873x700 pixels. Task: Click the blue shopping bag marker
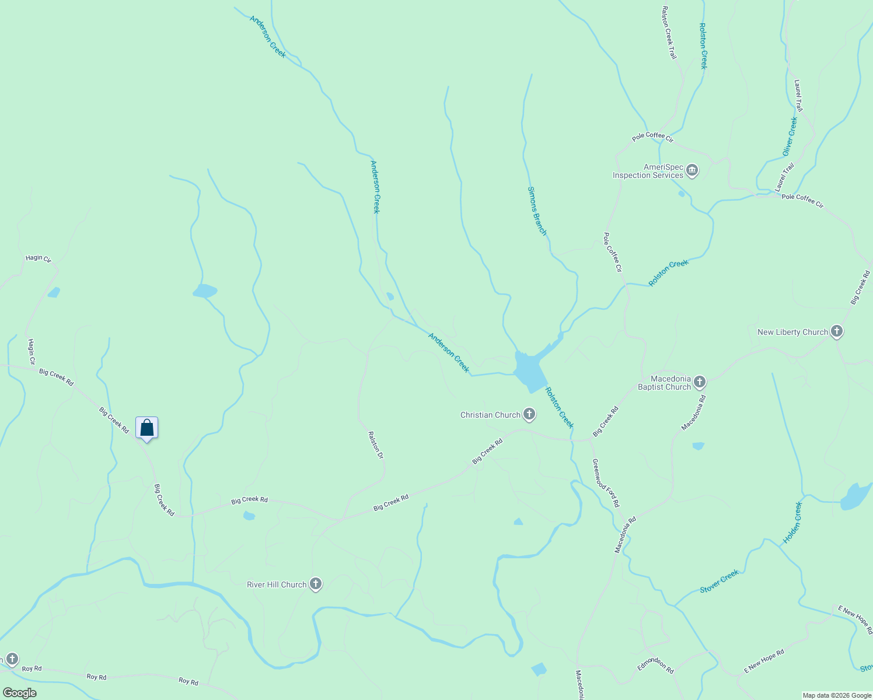[x=147, y=428]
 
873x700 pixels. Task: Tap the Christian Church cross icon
[x=529, y=415]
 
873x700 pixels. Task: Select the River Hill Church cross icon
[x=316, y=584]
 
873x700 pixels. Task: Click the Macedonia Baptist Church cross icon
[x=700, y=383]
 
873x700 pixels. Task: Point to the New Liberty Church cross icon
[x=837, y=332]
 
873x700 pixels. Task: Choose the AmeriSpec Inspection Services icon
[x=692, y=171]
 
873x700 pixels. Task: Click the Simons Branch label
[x=537, y=211]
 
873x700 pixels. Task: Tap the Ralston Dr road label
[x=375, y=444]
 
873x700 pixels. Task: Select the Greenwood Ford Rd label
[x=606, y=483]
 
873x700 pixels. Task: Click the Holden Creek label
[x=792, y=523]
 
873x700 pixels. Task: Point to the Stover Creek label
[x=719, y=581]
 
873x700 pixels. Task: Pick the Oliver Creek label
[x=790, y=136]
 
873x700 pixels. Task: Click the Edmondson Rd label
[x=655, y=666]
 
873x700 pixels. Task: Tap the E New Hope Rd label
[x=764, y=662]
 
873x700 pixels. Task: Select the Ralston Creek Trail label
[x=669, y=33]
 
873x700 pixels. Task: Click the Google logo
[x=20, y=693]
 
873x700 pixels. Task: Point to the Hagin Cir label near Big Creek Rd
[x=32, y=352]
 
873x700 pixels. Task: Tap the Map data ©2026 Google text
[x=837, y=695]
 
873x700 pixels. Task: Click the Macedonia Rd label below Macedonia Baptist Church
[x=693, y=413]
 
